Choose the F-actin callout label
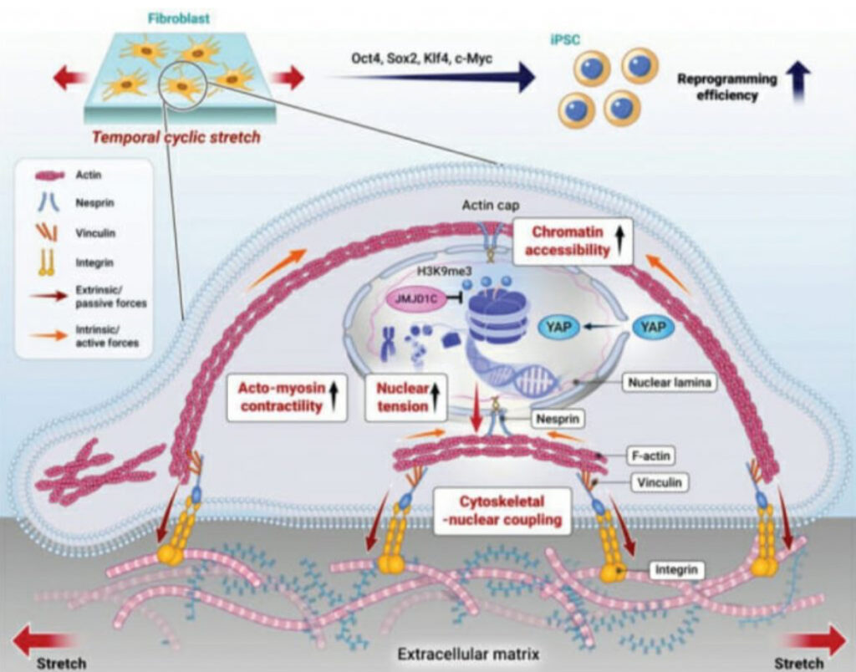tap(650, 456)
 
